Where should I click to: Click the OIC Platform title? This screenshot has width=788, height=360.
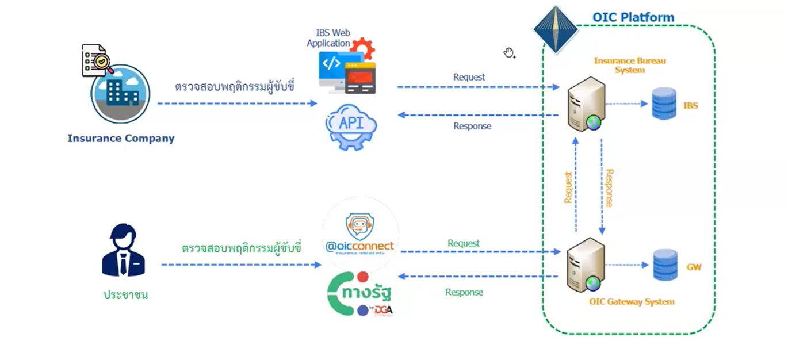coord(633,17)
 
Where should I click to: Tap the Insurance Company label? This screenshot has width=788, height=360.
coord(121,139)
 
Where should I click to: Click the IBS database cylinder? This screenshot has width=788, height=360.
coord(664,104)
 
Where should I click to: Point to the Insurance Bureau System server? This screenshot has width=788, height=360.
coord(586,104)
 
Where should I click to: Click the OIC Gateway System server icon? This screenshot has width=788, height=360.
coord(586,265)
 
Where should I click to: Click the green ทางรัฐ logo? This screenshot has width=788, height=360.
coord(361,293)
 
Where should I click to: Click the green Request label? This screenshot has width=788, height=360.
coord(464,243)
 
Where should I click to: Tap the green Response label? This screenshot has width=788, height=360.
coord(464,292)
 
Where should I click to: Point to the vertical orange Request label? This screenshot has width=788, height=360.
coord(568,187)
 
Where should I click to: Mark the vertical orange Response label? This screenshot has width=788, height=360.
coord(609,187)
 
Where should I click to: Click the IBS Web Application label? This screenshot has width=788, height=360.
coord(328,38)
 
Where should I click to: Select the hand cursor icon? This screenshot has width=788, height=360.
coord(509,53)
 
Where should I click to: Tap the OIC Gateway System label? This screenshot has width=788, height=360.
coord(632,301)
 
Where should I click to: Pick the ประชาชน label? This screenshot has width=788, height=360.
coord(126,294)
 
